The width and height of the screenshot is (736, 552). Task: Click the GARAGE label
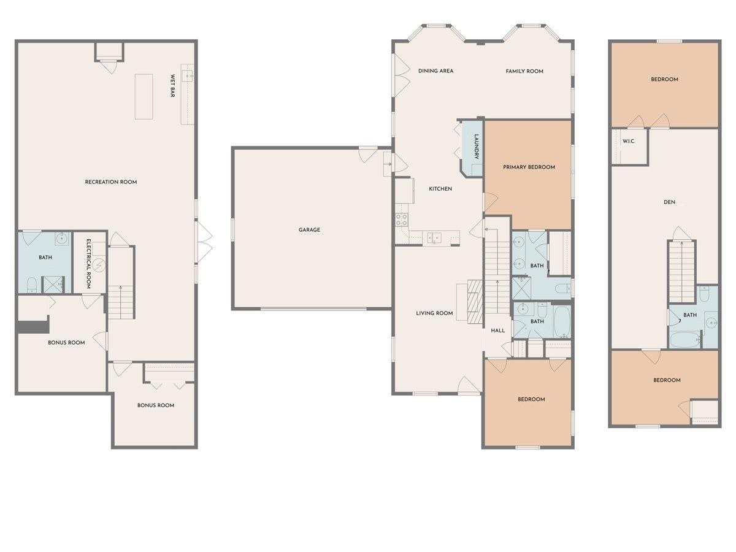click(309, 230)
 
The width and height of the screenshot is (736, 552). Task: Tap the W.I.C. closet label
click(628, 141)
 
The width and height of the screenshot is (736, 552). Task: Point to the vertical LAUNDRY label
click(476, 148)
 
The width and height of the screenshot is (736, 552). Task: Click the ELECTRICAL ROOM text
click(88, 264)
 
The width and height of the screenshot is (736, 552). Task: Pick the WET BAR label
click(173, 86)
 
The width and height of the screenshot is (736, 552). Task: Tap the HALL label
click(497, 331)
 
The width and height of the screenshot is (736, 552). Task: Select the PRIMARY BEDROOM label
click(529, 167)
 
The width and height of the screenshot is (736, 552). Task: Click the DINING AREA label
click(435, 71)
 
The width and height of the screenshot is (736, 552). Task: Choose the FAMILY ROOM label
click(524, 71)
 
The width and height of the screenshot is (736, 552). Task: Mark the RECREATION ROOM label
click(111, 182)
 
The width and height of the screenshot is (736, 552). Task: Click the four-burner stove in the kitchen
click(402, 220)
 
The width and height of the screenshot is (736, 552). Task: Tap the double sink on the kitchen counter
click(435, 237)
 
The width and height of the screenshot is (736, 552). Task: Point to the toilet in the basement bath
click(31, 284)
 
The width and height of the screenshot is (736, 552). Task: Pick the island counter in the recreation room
click(144, 97)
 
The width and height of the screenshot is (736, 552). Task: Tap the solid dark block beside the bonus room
click(33, 325)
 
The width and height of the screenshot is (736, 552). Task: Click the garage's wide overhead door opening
click(312, 308)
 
